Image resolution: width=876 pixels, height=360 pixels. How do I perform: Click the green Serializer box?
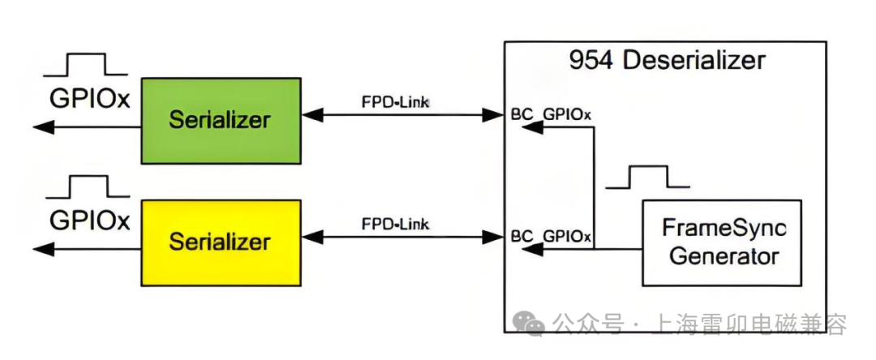[x=221, y=120]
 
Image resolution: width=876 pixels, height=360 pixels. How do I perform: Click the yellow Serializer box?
[x=221, y=242]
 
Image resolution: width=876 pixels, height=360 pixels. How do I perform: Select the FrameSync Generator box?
[x=721, y=242]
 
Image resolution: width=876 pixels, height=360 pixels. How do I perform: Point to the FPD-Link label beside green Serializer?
[x=395, y=102]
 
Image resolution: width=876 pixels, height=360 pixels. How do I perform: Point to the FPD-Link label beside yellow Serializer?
[x=395, y=224]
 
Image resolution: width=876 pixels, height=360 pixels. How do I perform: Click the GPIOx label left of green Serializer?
[x=90, y=97]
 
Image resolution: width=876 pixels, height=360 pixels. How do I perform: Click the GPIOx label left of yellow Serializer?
[x=90, y=220]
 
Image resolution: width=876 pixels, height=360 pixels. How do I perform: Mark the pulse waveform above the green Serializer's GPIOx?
[x=86, y=66]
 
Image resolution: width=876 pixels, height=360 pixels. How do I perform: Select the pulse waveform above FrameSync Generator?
[x=646, y=178]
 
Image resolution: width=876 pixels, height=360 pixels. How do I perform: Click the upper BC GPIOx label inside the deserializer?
[x=552, y=114]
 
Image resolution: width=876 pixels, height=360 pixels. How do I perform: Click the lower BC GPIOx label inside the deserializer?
[x=552, y=237]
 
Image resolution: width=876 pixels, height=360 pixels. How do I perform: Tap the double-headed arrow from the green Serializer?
[x=404, y=115]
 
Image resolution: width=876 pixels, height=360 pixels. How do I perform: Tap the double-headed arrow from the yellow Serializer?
[x=404, y=237]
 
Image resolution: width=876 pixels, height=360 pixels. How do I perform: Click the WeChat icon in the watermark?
[x=532, y=325]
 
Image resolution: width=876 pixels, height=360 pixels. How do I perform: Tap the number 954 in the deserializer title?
[x=589, y=61]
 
